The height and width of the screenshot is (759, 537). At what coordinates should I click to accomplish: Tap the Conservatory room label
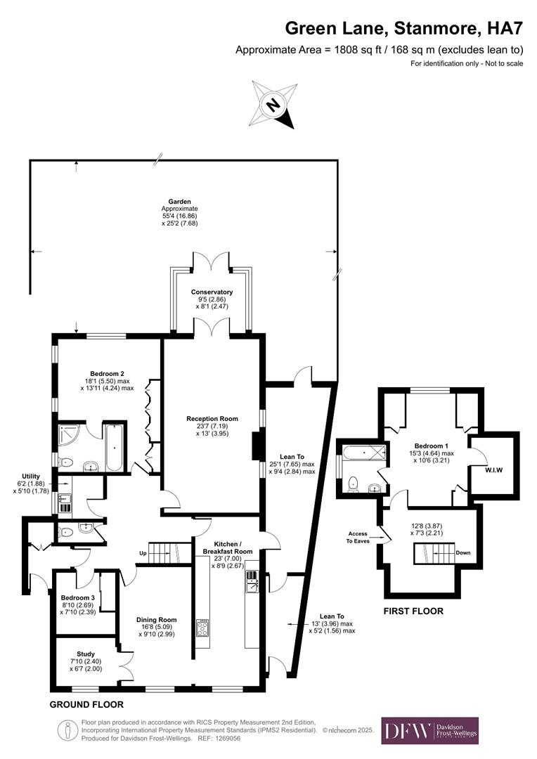point(212,292)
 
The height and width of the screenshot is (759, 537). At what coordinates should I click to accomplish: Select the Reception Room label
point(212,419)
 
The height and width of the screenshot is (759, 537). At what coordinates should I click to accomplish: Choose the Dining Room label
point(157,620)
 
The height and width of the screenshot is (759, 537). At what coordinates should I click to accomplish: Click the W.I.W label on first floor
point(496,470)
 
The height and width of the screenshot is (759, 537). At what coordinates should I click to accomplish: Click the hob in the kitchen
point(203,627)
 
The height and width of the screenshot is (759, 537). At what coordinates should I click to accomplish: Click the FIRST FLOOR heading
point(413,611)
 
